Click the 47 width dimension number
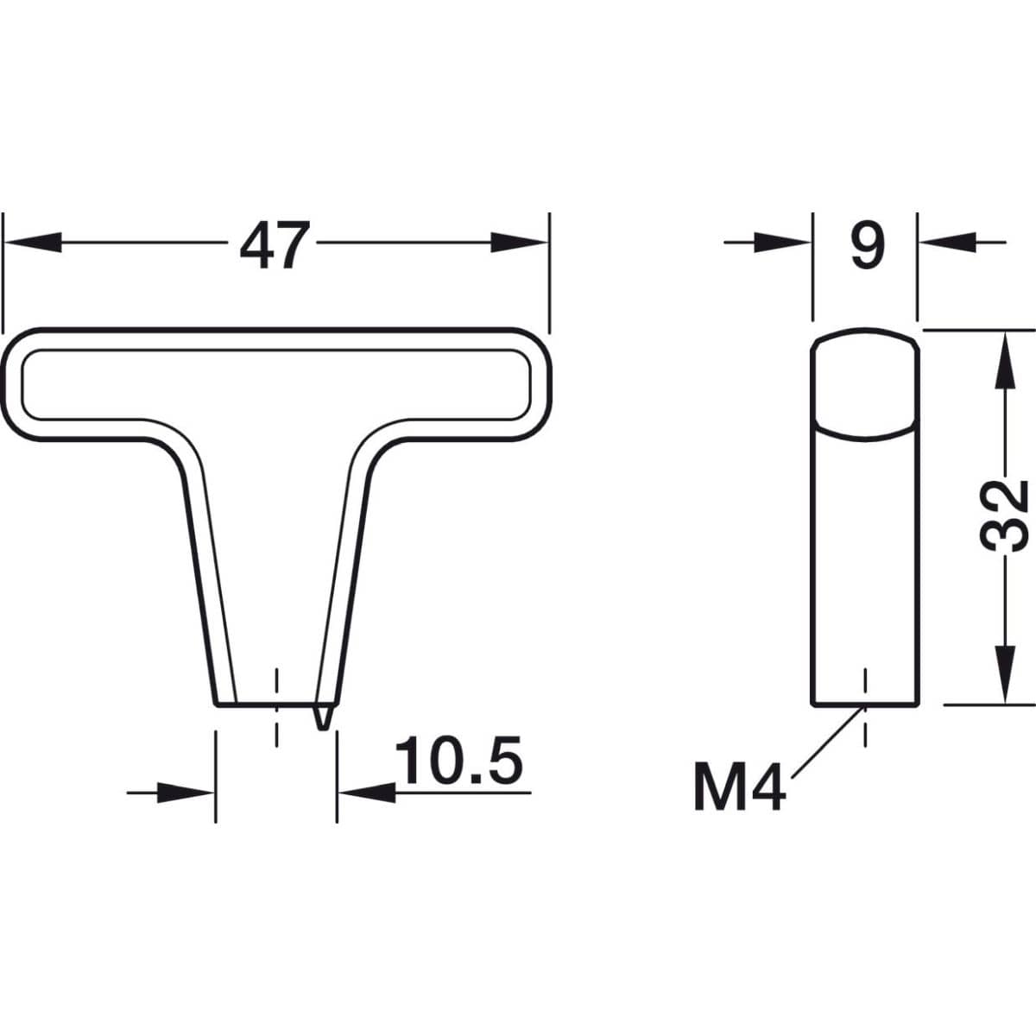pos(275,244)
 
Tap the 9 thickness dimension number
pos(867,244)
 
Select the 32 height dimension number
pos(1004,516)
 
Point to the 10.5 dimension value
pos(459,760)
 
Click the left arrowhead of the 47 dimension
pos(32,243)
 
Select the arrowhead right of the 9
pos(947,243)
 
